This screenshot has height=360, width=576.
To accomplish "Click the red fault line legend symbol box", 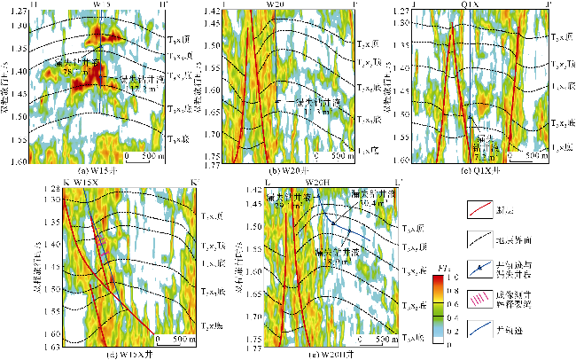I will [x=480, y=209].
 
